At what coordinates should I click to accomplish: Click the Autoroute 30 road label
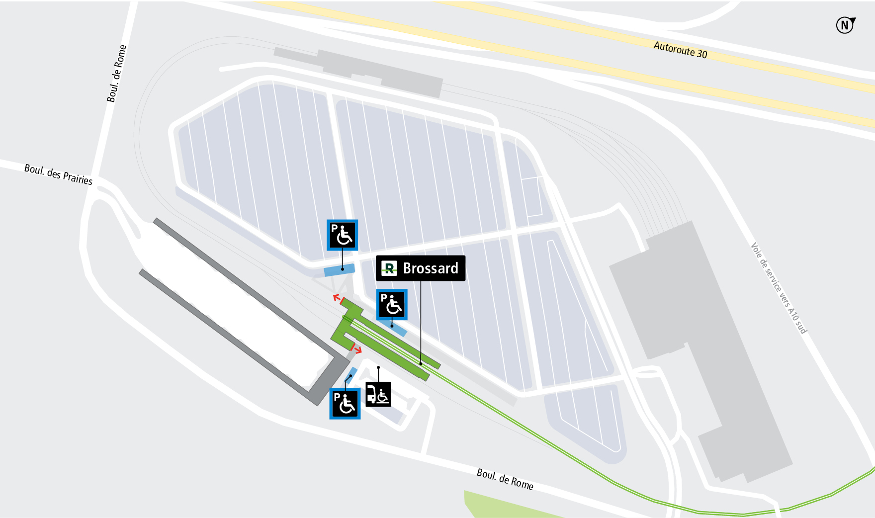pyautogui.click(x=680, y=50)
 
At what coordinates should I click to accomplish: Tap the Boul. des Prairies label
pyautogui.click(x=58, y=174)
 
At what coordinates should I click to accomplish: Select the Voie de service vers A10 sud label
pyautogui.click(x=778, y=288)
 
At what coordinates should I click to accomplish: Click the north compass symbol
pyautogui.click(x=845, y=25)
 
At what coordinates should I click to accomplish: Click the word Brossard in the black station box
pyautogui.click(x=431, y=268)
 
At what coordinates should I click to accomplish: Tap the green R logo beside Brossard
pyautogui.click(x=389, y=268)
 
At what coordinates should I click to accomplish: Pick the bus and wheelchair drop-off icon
pyautogui.click(x=378, y=394)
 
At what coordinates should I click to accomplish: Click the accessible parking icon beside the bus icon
pyautogui.click(x=345, y=404)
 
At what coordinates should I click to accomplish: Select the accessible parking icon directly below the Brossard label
pyautogui.click(x=392, y=304)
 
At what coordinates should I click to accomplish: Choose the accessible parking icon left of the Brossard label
pyautogui.click(x=342, y=235)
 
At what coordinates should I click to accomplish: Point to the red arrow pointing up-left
pyautogui.click(x=337, y=298)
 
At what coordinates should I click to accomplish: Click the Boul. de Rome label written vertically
pyautogui.click(x=117, y=74)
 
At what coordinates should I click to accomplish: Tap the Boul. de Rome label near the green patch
pyautogui.click(x=505, y=479)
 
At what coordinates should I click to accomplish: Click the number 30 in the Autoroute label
pyautogui.click(x=701, y=53)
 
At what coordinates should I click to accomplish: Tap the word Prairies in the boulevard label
pyautogui.click(x=78, y=178)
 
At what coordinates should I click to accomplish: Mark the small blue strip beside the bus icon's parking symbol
pyautogui.click(x=351, y=374)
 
